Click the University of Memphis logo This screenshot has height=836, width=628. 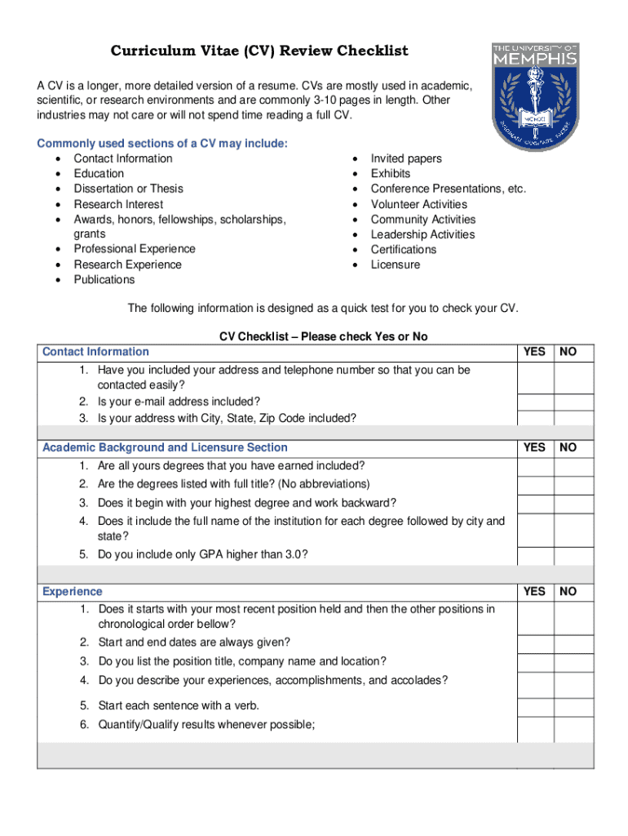[535, 96]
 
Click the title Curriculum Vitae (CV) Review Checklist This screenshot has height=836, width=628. [259, 51]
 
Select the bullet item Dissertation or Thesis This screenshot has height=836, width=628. [128, 189]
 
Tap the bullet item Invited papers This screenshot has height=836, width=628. [406, 158]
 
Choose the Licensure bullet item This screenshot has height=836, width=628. [396, 265]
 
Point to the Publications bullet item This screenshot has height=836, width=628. [104, 280]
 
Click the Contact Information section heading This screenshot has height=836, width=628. [95, 352]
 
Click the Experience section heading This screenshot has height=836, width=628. [73, 591]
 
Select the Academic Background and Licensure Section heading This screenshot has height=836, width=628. [165, 447]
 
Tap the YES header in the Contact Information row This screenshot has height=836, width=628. [534, 352]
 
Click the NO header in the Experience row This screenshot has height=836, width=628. [568, 591]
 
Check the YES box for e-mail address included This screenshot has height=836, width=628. [535, 402]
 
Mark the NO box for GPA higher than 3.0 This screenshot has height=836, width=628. [574, 555]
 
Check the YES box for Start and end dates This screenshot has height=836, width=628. [535, 643]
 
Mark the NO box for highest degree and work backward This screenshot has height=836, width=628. [574, 504]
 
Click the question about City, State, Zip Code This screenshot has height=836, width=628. [227, 418]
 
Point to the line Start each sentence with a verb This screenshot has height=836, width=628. [179, 705]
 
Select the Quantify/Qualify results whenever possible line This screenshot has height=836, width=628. [206, 724]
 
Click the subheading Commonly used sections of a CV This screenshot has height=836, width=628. [162, 144]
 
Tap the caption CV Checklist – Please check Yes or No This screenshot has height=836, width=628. [323, 336]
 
